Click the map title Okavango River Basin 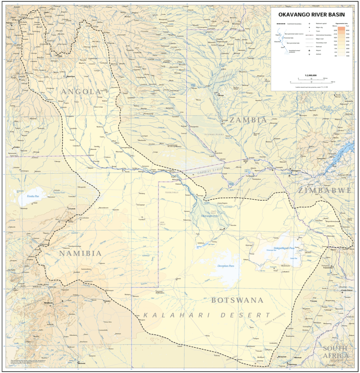click(x=311, y=15)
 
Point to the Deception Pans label click(x=226, y=266)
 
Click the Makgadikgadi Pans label click(x=284, y=248)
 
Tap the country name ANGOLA click(x=81, y=92)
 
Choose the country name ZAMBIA click(x=248, y=120)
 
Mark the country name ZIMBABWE click(x=325, y=190)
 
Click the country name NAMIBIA click(x=80, y=253)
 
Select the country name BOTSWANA click(x=237, y=300)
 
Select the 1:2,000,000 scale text click(x=311, y=75)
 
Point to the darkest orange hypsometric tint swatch click(x=342, y=29)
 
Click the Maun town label click(x=221, y=229)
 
